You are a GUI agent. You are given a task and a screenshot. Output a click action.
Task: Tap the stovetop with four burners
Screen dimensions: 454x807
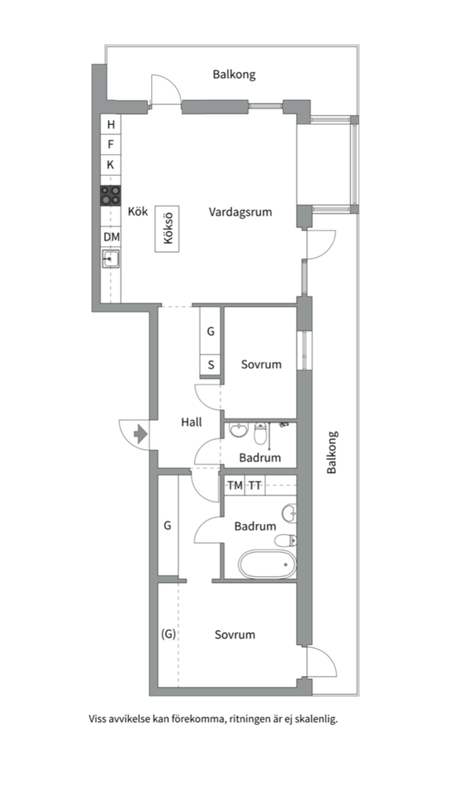click(x=110, y=196)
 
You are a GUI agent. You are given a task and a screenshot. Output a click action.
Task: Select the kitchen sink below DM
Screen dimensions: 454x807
click(x=110, y=259)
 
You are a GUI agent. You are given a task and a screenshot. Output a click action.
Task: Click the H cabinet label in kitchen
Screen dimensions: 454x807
click(x=111, y=125)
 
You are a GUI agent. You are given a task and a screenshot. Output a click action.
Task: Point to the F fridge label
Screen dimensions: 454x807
click(x=110, y=145)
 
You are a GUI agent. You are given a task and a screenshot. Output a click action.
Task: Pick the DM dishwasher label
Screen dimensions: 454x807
click(x=111, y=238)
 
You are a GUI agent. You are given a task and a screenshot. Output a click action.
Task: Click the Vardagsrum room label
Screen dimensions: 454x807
click(x=240, y=211)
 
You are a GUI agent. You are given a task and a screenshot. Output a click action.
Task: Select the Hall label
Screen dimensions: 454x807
click(x=191, y=422)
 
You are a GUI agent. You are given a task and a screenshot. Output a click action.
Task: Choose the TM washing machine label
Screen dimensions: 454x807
click(x=235, y=486)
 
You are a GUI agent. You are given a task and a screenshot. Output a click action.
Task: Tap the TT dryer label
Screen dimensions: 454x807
click(x=255, y=486)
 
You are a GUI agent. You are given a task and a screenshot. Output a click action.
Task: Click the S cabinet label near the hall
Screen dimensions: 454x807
click(x=211, y=365)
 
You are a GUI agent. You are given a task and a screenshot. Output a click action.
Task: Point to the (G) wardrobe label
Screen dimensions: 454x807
click(x=168, y=634)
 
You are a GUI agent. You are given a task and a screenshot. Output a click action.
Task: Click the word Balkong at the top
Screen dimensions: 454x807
click(x=234, y=75)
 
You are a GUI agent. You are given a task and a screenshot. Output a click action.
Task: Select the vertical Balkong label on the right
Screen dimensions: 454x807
click(x=332, y=452)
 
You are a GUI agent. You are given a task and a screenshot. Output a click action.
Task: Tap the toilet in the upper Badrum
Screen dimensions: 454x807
click(x=261, y=433)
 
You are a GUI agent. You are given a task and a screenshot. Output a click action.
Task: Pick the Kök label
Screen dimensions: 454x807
click(x=138, y=211)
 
